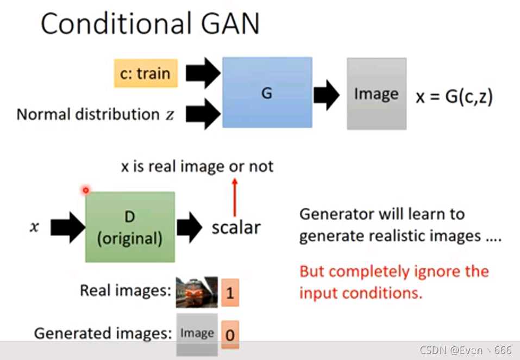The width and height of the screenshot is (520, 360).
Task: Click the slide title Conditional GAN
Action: coord(150,24)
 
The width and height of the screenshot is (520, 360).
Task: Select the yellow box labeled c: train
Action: coord(146,73)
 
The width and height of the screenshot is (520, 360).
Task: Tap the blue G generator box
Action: coord(267,92)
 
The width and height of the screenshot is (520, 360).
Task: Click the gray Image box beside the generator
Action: coord(376,94)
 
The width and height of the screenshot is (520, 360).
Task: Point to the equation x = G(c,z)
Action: coord(454,96)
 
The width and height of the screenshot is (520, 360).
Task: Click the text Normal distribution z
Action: coord(96,114)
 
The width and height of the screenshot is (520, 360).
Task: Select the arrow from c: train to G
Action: coord(203,73)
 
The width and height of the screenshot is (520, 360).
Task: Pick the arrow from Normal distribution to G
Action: coord(203,114)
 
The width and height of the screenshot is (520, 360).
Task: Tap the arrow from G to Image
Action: coord(327,95)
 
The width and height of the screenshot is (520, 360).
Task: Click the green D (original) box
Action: coord(130,227)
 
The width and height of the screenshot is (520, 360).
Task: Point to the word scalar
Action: coord(236,227)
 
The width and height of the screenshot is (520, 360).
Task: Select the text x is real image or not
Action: coord(197,166)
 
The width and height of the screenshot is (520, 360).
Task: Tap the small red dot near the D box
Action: coord(85,190)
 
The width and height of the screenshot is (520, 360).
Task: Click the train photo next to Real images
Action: coord(196,292)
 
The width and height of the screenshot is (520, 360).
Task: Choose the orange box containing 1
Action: coord(230,293)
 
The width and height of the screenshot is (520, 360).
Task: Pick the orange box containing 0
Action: coord(230,334)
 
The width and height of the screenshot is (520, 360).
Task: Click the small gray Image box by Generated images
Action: coord(197,333)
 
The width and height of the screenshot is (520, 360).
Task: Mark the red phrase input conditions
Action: coord(360,293)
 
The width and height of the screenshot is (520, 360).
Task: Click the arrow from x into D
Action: coord(67,227)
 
